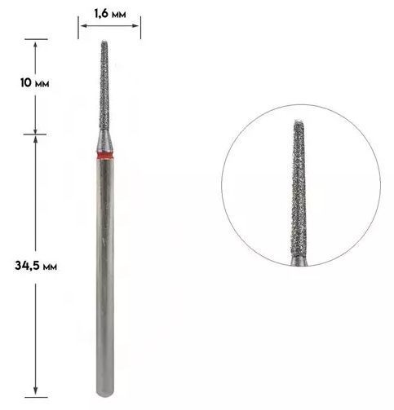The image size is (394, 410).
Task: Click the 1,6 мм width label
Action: click(x=110, y=14)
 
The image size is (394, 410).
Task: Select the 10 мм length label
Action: click(x=34, y=83)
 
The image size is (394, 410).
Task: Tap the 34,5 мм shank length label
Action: click(x=36, y=266)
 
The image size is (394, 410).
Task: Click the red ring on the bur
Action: click(x=104, y=156)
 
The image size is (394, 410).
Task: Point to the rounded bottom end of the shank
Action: click(x=105, y=393)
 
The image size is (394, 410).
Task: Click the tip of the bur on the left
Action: click(x=104, y=42)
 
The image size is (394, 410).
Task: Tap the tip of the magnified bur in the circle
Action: click(x=299, y=121)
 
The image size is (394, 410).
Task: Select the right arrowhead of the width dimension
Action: click(x=135, y=26)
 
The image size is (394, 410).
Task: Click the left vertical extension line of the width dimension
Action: click(x=78, y=28)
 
